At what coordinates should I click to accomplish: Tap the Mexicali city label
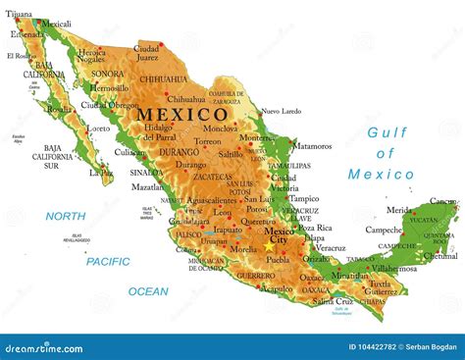(54, 24)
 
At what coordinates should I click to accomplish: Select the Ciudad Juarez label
(147, 52)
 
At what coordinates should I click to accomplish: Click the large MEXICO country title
(181, 114)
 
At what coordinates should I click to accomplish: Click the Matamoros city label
(313, 145)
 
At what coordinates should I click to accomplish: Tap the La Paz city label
(100, 172)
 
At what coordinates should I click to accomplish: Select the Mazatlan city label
(148, 186)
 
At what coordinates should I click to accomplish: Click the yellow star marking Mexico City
(271, 246)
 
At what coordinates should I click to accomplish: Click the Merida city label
(398, 210)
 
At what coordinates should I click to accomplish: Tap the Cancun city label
(442, 201)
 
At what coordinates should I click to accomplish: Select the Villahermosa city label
(394, 267)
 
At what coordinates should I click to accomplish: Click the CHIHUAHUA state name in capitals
(162, 78)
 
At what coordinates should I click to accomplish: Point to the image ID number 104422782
(373, 347)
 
